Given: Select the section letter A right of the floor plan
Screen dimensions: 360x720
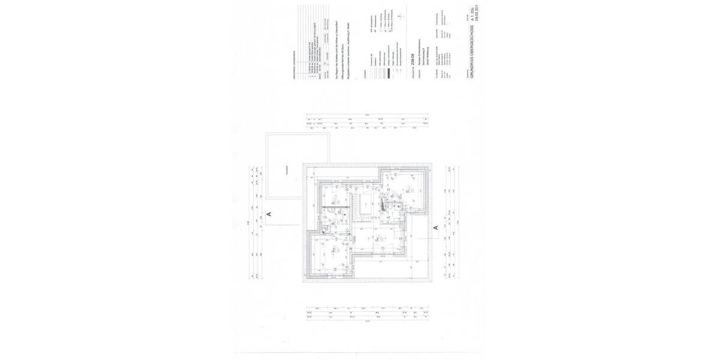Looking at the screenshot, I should click(436, 227).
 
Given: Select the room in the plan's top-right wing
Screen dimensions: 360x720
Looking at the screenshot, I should click(405, 186).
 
